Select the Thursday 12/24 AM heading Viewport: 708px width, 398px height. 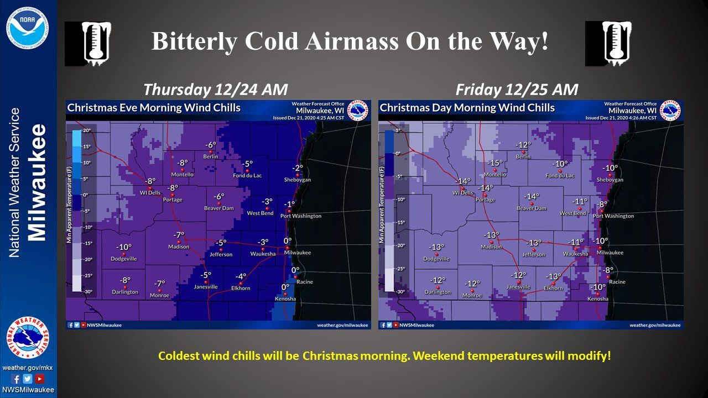[216, 90]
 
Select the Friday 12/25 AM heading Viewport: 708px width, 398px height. [517, 90]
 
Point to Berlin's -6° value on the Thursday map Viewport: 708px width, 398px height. [211, 145]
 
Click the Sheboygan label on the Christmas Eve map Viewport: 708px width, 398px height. [298, 180]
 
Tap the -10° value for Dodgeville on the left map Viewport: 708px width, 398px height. [123, 247]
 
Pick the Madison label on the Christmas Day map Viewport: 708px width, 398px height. [491, 247]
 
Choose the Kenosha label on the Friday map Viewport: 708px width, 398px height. [598, 299]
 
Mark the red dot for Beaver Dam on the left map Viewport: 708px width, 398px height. [219, 203]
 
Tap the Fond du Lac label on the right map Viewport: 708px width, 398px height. [560, 176]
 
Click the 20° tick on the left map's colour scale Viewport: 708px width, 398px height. [87, 130]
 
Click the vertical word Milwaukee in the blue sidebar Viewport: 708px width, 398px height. [38, 182]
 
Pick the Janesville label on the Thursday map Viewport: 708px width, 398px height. [206, 287]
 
